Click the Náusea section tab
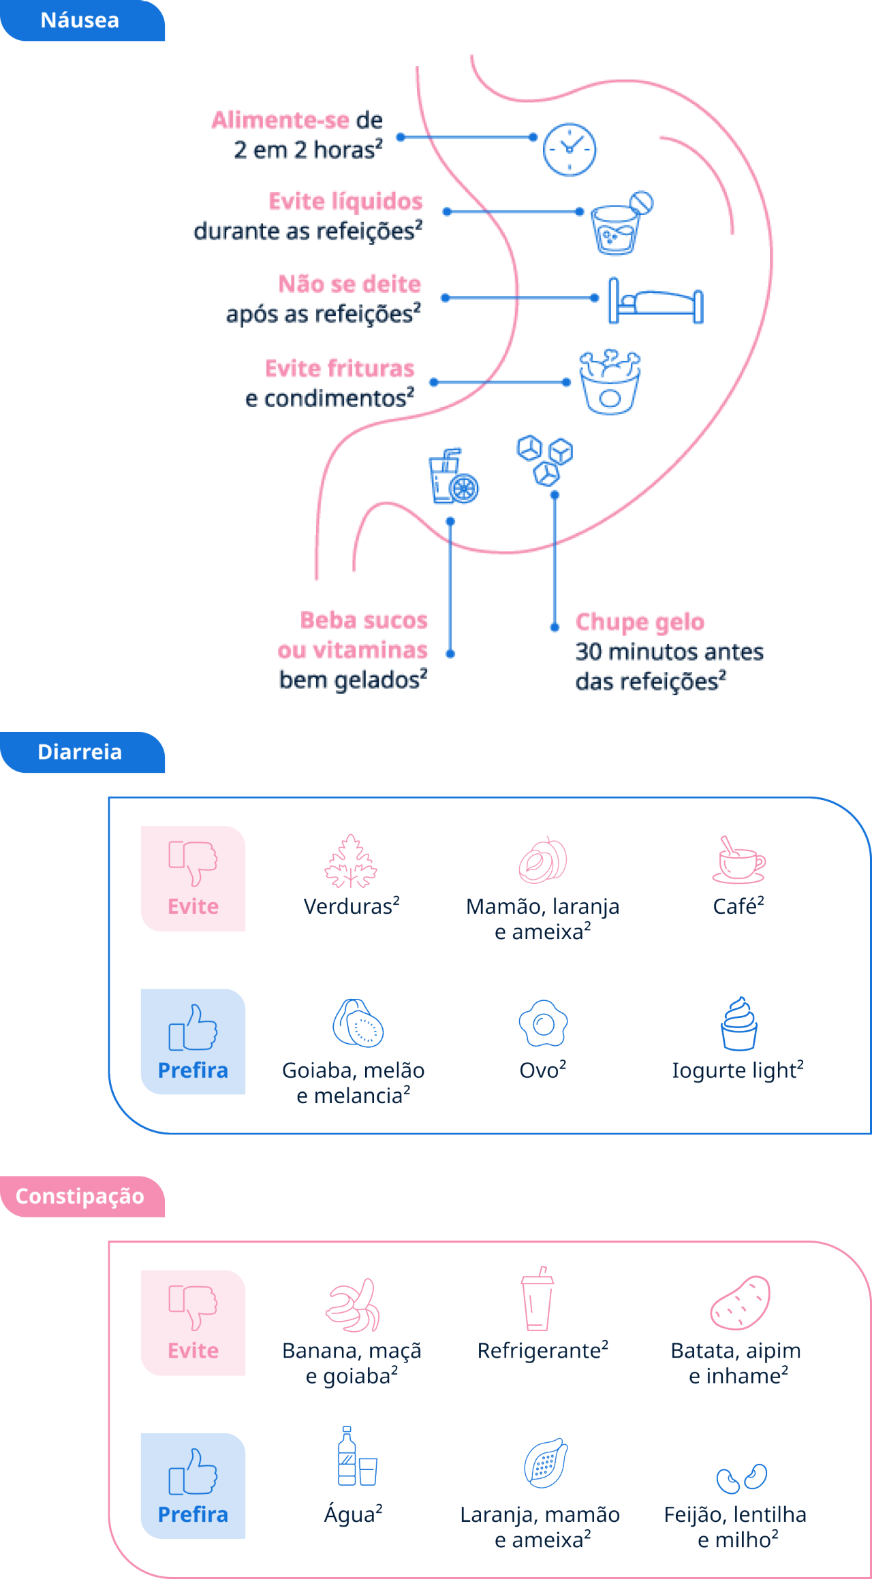point(80,20)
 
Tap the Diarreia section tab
point(80,752)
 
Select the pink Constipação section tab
point(80,1196)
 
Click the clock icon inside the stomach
point(570,149)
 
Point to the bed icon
point(655,301)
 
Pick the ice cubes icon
point(544,460)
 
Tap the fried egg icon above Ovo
point(543,1023)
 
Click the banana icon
point(353,1304)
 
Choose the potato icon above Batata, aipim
point(740,1303)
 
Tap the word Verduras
point(348,907)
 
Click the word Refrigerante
point(539,1351)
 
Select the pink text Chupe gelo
point(639,622)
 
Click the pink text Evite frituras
point(340,368)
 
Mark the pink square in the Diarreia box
point(193,878)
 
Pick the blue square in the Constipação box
point(193,1486)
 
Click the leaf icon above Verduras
point(351,861)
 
